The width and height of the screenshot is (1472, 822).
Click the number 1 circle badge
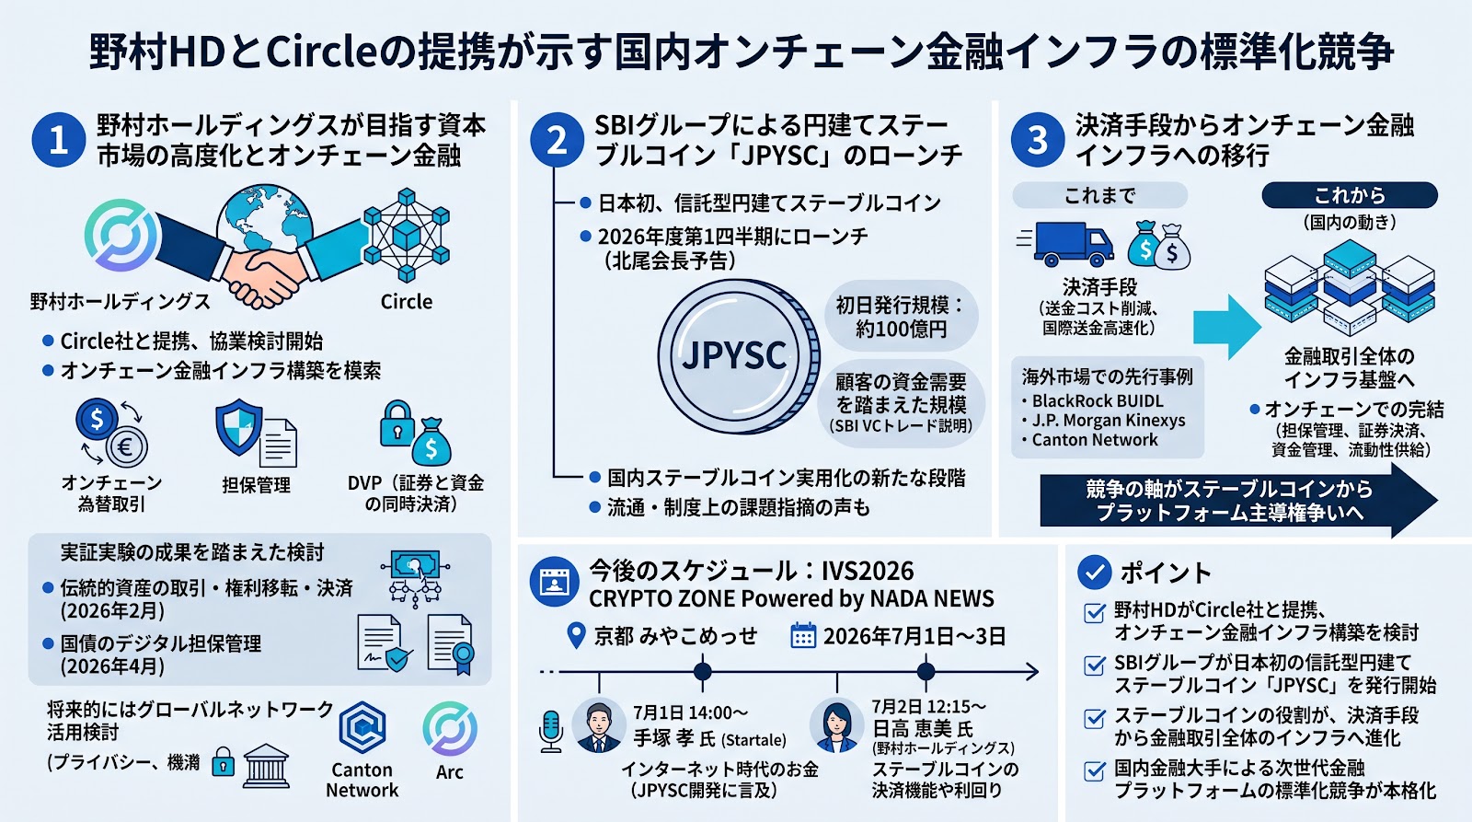(59, 139)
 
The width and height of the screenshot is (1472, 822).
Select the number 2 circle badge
(558, 139)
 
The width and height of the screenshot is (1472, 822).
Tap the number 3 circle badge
(1038, 139)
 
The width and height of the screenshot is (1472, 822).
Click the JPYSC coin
(738, 355)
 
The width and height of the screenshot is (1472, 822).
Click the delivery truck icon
(1067, 243)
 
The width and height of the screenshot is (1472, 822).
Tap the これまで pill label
(1099, 195)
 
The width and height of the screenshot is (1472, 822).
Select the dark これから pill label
(1350, 195)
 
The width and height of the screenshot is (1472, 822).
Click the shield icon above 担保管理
(239, 427)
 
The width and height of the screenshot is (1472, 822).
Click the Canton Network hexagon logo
(362, 727)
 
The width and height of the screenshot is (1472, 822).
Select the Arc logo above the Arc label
(450, 729)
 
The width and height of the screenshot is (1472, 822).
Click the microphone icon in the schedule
(551, 731)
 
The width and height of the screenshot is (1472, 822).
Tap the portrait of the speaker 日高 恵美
(836, 725)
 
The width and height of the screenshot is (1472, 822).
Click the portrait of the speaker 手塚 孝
(599, 725)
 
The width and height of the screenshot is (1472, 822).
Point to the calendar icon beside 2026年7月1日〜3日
(803, 636)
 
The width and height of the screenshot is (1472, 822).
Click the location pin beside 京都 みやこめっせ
(576, 636)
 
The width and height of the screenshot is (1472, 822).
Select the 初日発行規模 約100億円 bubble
(901, 317)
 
